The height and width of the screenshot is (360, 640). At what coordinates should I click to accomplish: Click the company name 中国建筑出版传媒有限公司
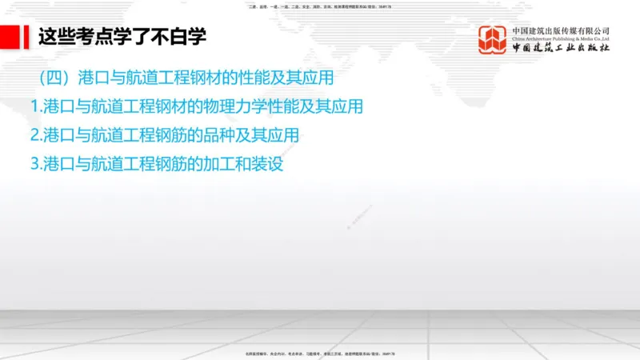(x=560, y=30)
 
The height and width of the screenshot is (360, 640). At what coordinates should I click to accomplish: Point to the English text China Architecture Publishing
(x=560, y=39)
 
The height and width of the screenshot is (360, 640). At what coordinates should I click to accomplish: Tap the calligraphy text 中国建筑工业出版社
(x=560, y=49)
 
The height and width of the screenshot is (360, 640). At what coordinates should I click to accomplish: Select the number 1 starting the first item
(x=34, y=107)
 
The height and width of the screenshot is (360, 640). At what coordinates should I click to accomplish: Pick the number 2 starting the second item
(x=34, y=134)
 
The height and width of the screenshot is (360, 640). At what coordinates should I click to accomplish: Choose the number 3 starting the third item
(x=34, y=163)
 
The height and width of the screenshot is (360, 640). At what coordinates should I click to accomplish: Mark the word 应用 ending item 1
(x=347, y=107)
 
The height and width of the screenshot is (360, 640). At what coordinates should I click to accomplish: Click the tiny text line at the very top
(x=320, y=6)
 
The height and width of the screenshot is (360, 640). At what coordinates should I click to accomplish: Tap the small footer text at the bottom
(x=320, y=353)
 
